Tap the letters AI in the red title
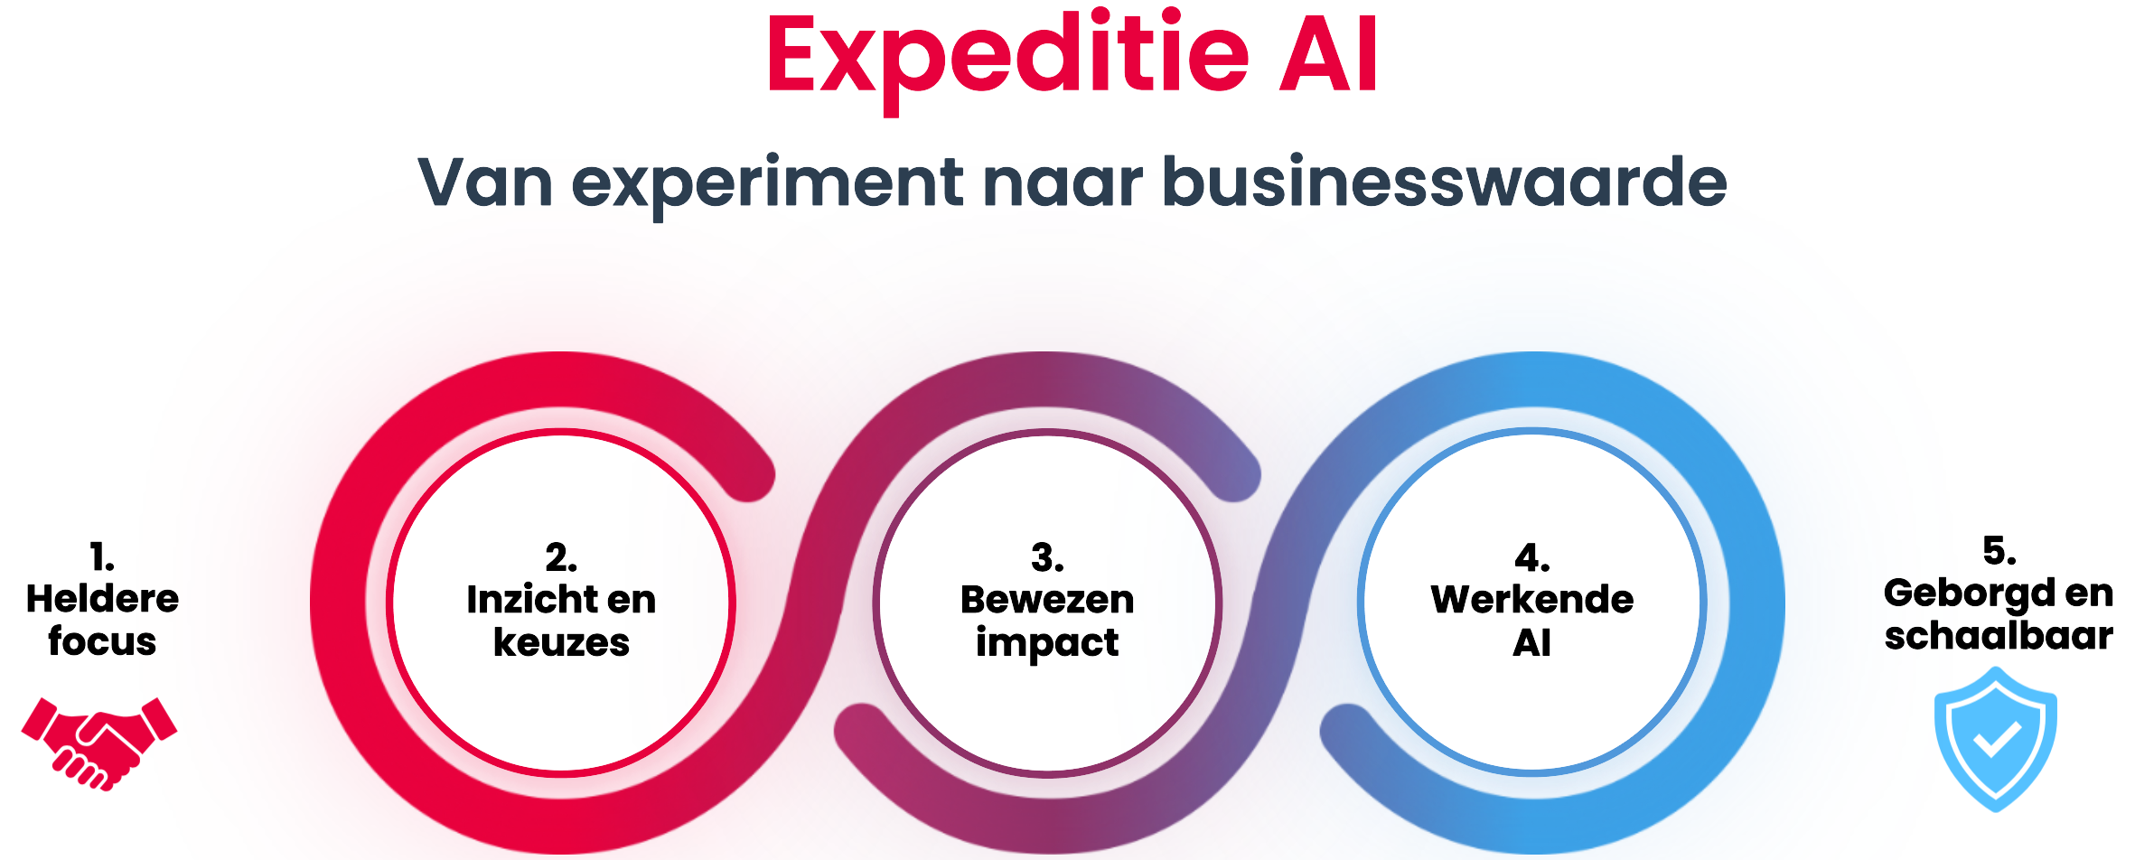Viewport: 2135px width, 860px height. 1329,54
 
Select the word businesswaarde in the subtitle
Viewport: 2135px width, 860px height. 1444,182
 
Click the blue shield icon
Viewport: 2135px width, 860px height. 1996,739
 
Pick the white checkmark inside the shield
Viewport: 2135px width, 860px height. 1997,740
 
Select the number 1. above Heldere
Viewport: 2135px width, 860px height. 102,556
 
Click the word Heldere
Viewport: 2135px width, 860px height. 102,598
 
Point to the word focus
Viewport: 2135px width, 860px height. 102,640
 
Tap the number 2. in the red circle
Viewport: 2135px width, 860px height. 561,557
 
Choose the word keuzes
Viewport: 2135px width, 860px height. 561,642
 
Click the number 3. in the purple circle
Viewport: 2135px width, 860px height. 1047,557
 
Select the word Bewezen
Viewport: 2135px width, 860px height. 1047,599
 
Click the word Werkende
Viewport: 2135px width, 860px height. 1532,599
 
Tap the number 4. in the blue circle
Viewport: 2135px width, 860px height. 1532,557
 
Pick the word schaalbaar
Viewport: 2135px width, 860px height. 1999,635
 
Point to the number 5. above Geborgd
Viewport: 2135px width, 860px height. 1999,550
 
